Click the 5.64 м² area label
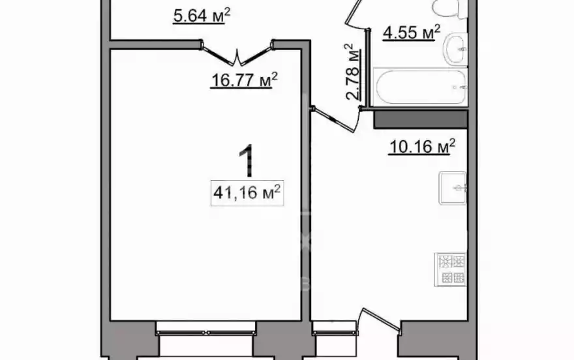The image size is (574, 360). click(202, 16)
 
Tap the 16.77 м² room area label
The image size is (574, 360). click(244, 80)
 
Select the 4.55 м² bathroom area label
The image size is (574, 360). click(411, 32)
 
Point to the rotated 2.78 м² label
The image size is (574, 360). click(352, 72)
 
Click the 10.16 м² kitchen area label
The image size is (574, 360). click(422, 146)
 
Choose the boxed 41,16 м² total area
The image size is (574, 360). click(247, 193)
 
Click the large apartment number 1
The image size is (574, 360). click(247, 160)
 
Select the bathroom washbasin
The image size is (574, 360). click(455, 49)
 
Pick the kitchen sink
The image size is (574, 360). click(453, 188)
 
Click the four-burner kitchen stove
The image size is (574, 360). click(450, 269)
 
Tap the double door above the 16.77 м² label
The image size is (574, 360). click(237, 53)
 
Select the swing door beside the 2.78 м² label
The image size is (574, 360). click(335, 119)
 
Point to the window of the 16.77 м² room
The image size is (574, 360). click(205, 333)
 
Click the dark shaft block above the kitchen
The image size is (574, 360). click(420, 119)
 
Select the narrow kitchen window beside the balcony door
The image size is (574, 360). click(335, 333)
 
